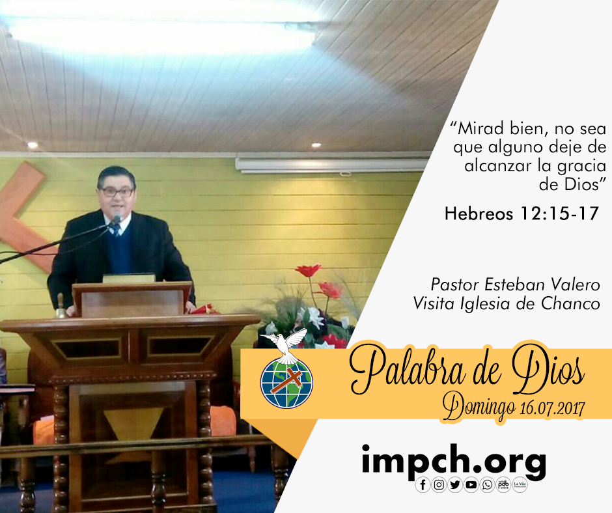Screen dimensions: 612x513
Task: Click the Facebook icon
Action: [x=423, y=484]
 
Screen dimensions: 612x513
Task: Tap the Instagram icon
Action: [x=439, y=484]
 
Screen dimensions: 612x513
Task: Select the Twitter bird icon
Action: [x=454, y=484]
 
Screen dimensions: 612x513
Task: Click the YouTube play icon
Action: [x=471, y=484]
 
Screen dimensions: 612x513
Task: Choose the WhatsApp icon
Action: [x=487, y=484]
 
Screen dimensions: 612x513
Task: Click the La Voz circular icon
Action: [x=520, y=484]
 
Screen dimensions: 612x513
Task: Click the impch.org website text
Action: [x=454, y=461]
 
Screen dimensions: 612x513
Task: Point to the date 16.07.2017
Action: [x=552, y=408]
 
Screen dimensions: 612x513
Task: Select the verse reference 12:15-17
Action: [x=559, y=214]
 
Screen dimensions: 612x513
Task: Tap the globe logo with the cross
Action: [x=286, y=383]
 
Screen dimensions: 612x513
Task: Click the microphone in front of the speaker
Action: [x=117, y=219]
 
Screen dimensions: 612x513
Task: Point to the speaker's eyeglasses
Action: [x=117, y=192]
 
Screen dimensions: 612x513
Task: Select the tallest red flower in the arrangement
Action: [x=309, y=270]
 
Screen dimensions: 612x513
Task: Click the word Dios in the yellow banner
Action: [x=548, y=370]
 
